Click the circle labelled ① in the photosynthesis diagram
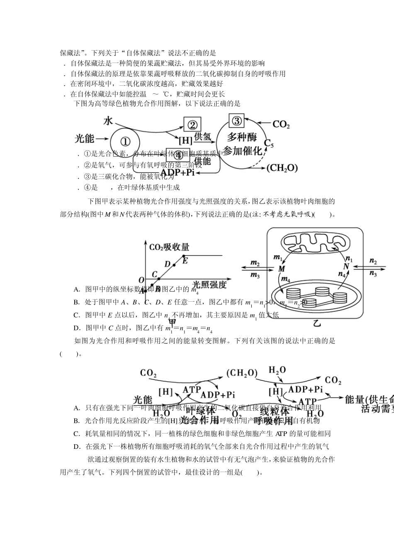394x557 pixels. click(x=126, y=142)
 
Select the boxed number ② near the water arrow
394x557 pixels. click(x=192, y=124)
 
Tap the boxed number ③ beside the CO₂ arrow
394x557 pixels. click(x=236, y=121)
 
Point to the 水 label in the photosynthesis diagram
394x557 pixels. click(x=108, y=121)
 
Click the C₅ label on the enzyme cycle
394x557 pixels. click(x=269, y=143)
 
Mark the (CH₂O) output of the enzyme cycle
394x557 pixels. click(x=282, y=168)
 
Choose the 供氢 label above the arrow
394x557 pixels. click(x=203, y=136)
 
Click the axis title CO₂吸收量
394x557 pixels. click(x=169, y=247)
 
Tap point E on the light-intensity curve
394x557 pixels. click(x=185, y=260)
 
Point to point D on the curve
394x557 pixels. click(x=168, y=264)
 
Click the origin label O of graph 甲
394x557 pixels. click(x=141, y=281)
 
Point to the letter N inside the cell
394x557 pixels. click(x=347, y=266)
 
